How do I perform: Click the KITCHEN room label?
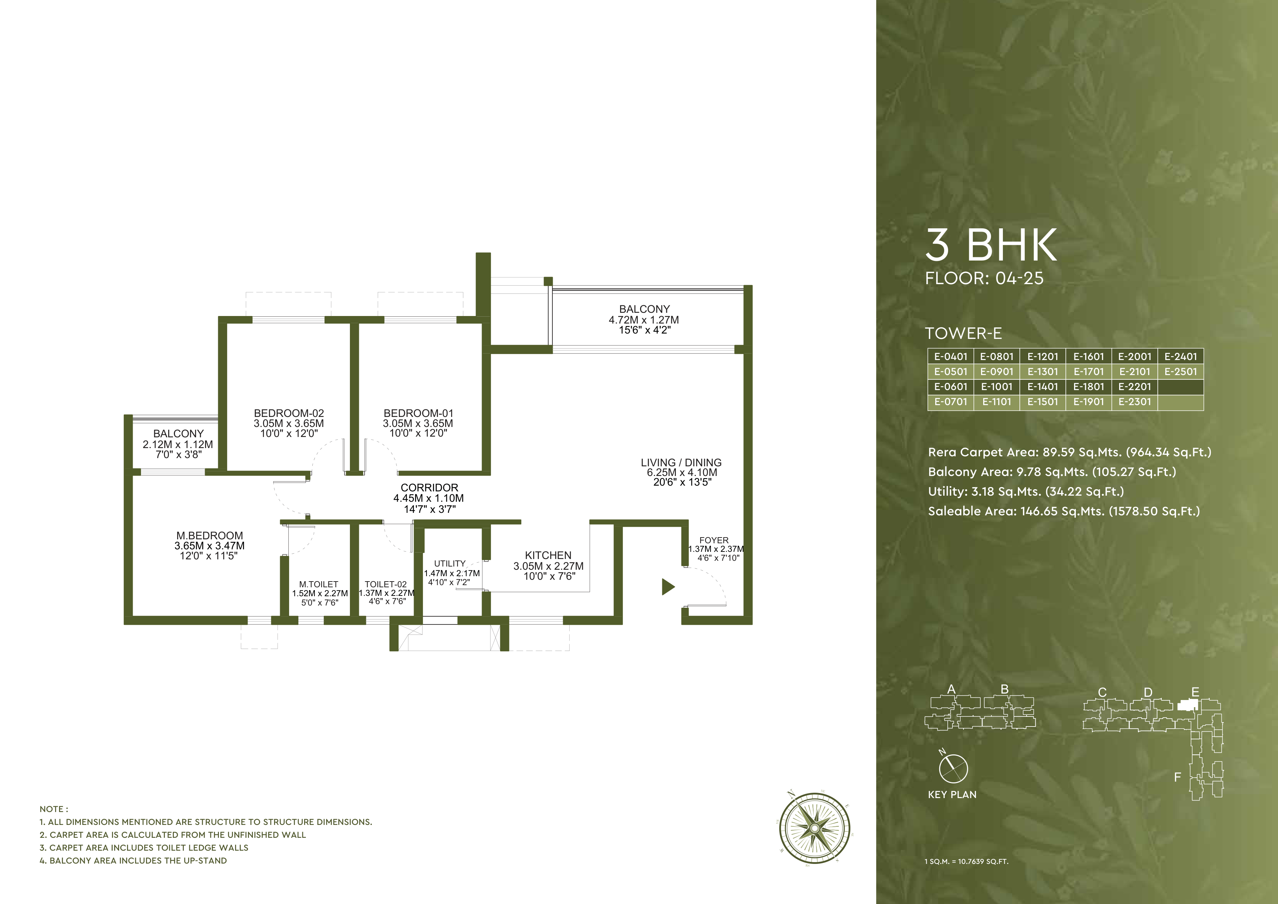[548, 555]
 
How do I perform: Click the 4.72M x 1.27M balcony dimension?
[643, 320]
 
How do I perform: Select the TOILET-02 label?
[386, 584]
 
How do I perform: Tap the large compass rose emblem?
[814, 828]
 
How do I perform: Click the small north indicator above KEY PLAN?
[953, 768]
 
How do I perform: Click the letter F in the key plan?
[1177, 777]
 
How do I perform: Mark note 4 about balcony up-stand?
[133, 861]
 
